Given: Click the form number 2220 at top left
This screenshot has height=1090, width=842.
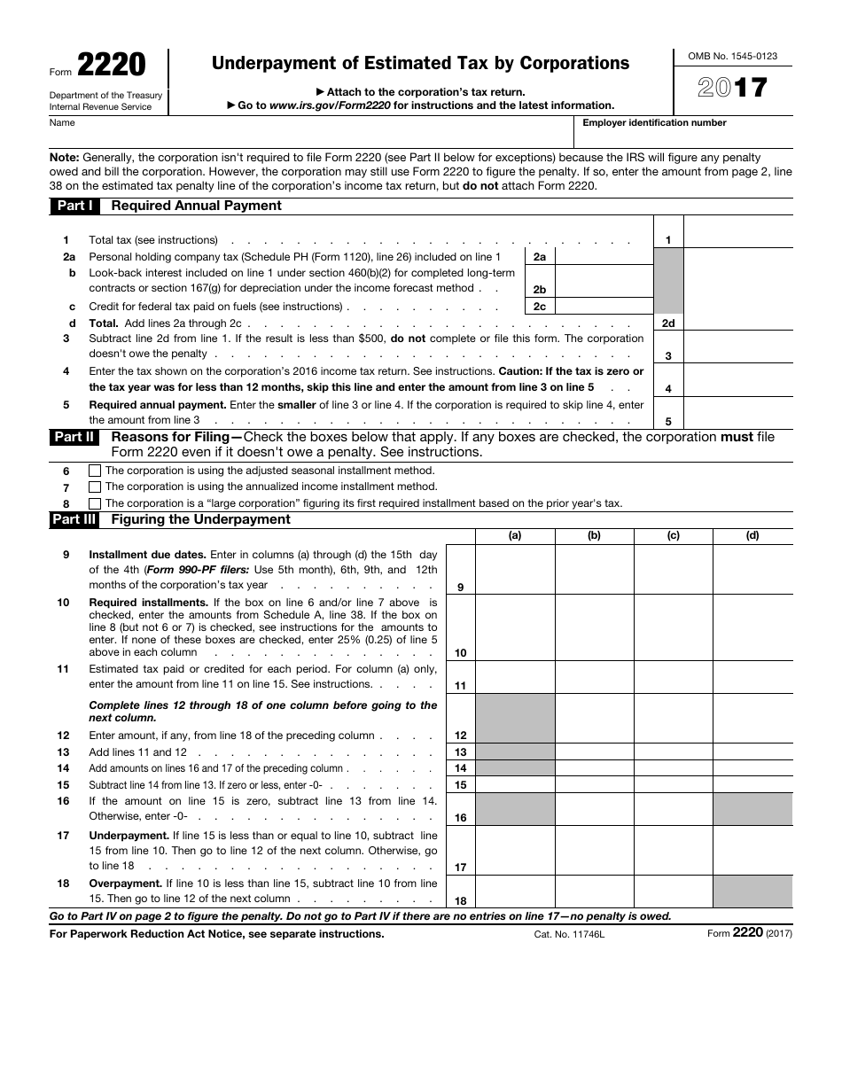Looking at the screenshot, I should click(x=112, y=66).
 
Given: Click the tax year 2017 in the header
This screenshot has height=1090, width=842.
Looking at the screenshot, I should click(x=732, y=88).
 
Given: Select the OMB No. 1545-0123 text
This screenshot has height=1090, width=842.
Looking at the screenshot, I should click(x=732, y=56).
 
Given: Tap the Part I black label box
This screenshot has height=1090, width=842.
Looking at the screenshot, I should click(x=75, y=206).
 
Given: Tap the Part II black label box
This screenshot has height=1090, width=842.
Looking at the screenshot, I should click(x=74, y=437).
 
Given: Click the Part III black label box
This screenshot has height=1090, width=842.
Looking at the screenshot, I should click(x=74, y=520).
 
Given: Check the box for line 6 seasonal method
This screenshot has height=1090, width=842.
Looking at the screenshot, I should click(x=95, y=471).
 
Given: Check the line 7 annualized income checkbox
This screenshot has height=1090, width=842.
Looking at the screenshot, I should click(x=95, y=487).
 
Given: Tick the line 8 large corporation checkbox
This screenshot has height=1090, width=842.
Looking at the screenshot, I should click(x=95, y=503).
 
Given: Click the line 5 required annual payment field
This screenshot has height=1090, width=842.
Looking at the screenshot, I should click(x=737, y=413).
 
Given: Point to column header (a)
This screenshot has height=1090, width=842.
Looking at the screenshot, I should click(x=515, y=536).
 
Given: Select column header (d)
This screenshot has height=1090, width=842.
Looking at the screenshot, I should click(x=752, y=536).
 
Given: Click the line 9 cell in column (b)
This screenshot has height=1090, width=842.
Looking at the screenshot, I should click(x=594, y=569).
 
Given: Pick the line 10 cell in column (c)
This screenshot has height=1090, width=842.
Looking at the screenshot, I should click(x=673, y=627).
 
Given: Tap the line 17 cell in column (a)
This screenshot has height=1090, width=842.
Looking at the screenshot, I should click(x=515, y=850).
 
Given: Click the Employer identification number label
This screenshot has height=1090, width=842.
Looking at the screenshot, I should click(x=654, y=123).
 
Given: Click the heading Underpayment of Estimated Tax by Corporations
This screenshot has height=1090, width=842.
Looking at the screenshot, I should click(x=420, y=63).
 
